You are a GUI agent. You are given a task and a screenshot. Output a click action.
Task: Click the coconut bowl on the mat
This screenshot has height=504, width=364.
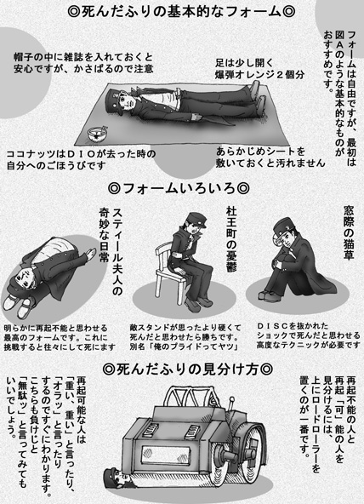point(98,134)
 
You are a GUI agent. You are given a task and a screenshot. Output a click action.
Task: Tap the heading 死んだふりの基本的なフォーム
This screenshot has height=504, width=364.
point(182,12)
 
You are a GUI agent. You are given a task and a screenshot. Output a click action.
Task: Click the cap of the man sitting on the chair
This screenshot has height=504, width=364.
point(195,219)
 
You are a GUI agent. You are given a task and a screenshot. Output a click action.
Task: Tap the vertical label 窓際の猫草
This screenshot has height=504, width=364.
point(349,232)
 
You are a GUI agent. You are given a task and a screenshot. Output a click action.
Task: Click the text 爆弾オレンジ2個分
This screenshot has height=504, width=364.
point(259,75)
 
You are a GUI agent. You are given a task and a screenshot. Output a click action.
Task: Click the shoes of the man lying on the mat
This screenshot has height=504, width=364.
point(259,95)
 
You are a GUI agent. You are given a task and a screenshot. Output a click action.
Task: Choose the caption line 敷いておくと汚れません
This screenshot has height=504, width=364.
point(270,163)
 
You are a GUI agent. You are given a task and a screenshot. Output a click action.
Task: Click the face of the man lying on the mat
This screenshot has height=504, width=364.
point(128,101)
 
